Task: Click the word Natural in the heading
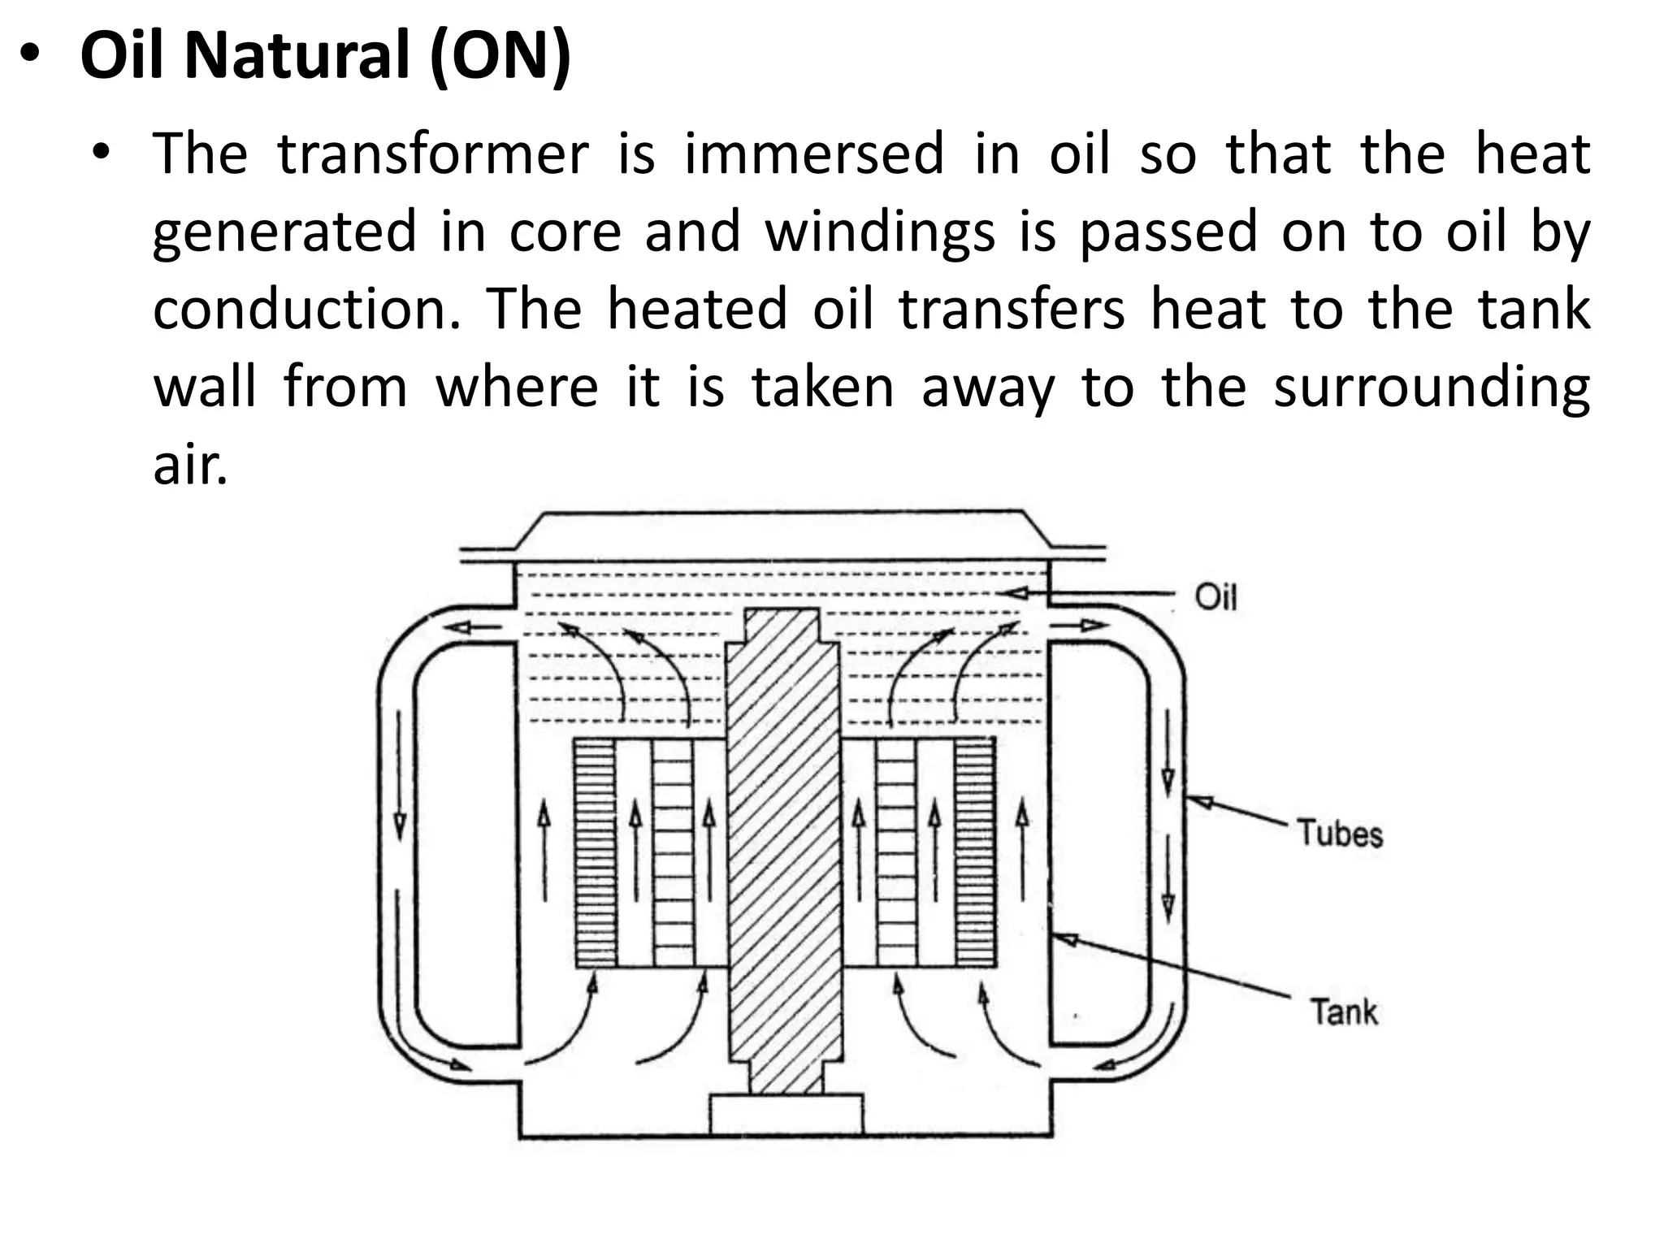pos(297,57)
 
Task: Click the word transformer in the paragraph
pos(433,154)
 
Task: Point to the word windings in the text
pos(880,232)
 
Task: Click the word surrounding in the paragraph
pos(1431,388)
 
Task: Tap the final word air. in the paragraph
pos(190,466)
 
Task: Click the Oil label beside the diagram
pos(1215,598)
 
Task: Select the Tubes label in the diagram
pos(1339,834)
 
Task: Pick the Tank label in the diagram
pos(1344,1012)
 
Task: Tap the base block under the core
pos(786,1114)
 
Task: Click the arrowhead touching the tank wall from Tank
pos(1064,939)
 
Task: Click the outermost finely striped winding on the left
pos(595,853)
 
